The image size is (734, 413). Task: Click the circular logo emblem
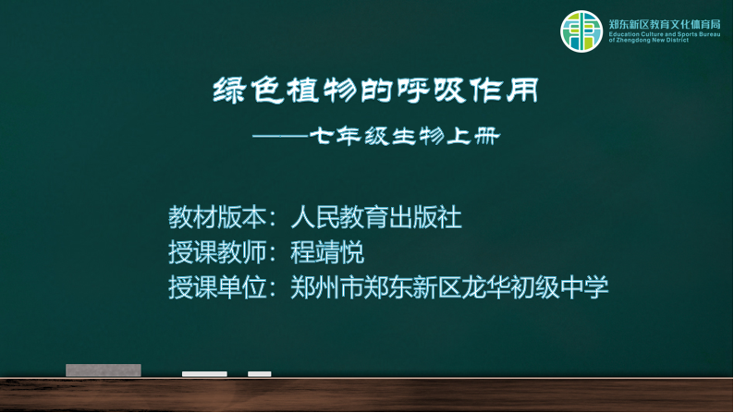pos(581,31)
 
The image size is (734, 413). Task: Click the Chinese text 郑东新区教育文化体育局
pos(665,24)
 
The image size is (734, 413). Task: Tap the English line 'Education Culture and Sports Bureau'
pos(665,34)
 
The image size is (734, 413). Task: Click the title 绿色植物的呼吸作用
pos(376,91)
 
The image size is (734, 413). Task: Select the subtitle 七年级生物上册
pos(405,136)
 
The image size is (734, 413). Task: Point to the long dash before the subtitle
pos(280,137)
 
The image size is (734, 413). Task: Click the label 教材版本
pos(217,217)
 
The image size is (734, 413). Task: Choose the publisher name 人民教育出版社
pos(376,217)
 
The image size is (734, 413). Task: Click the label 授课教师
pos(217,252)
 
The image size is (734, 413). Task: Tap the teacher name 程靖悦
pos(327,252)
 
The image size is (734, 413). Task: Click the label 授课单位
pos(217,287)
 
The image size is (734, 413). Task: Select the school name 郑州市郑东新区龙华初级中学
pos(449,287)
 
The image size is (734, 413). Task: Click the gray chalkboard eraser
pos(104,370)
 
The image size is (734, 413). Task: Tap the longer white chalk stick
pos(204,373)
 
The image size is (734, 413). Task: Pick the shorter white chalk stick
pos(260,373)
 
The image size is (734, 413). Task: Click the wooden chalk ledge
pos(367,395)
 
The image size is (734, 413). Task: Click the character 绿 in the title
pos(229,91)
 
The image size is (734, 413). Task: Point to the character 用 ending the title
pos(523,91)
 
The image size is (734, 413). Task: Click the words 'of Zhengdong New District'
pos(649,41)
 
